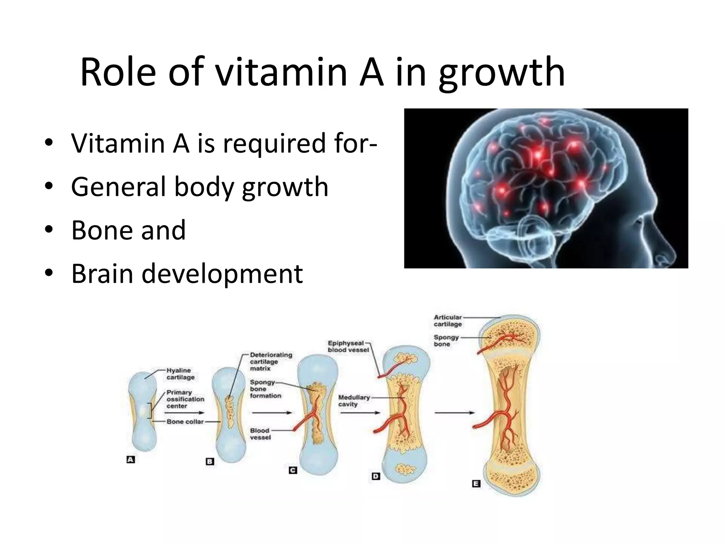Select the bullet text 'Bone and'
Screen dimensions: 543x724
click(128, 230)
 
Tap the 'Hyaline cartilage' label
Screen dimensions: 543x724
click(180, 374)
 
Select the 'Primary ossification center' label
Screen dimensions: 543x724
click(185, 399)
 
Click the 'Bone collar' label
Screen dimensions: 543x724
click(185, 422)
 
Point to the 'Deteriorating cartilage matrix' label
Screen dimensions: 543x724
click(270, 361)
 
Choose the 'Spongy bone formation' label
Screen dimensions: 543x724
click(265, 389)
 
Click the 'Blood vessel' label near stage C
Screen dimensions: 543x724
click(260, 434)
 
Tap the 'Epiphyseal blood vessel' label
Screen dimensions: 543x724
click(348, 346)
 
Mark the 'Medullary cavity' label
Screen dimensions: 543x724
click(354, 401)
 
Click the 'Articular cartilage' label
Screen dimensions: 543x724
click(448, 321)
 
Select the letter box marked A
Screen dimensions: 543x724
click(131, 460)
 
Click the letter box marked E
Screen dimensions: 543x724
click(476, 484)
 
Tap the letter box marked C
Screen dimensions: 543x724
click(293, 470)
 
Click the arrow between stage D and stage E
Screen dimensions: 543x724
click(454, 413)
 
